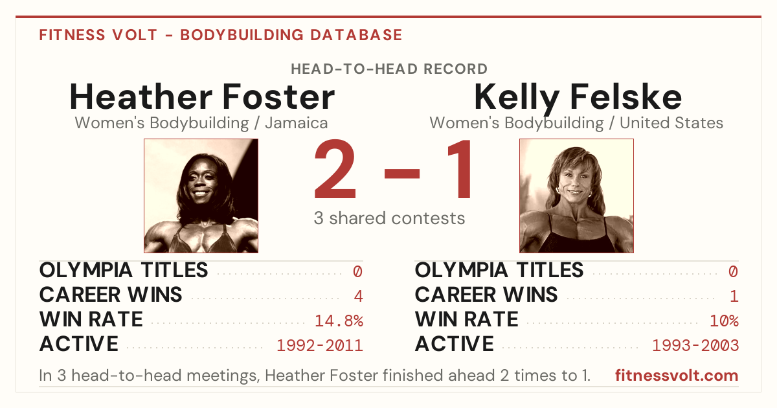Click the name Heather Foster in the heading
pyautogui.click(x=202, y=96)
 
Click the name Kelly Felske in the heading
pyautogui.click(x=578, y=98)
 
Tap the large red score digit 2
pyautogui.click(x=335, y=169)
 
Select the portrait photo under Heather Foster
pyautogui.click(x=201, y=196)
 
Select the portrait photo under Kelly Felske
pyautogui.click(x=576, y=196)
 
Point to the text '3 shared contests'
pyautogui.click(x=389, y=218)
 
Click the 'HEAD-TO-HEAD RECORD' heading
pyautogui.click(x=389, y=69)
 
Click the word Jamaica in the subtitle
pyautogui.click(x=297, y=123)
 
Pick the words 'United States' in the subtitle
pyautogui.click(x=671, y=123)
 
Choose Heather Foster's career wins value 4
pyautogui.click(x=358, y=297)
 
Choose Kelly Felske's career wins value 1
pyautogui.click(x=734, y=297)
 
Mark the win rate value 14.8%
pyautogui.click(x=339, y=321)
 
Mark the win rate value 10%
pyautogui.click(x=725, y=321)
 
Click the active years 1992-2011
pyautogui.click(x=320, y=346)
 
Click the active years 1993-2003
pyautogui.click(x=695, y=346)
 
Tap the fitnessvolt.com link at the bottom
pyautogui.click(x=677, y=376)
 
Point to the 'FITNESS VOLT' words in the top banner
pyautogui.click(x=98, y=35)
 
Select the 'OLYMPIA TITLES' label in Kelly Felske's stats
pyautogui.click(x=499, y=270)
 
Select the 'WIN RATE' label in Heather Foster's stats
pyautogui.click(x=91, y=319)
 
